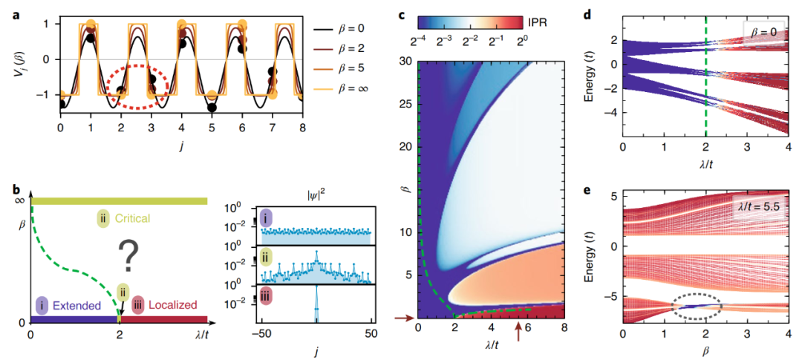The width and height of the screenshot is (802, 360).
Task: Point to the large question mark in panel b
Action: coord(131,261)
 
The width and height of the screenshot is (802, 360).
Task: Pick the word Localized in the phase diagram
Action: coord(174,304)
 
